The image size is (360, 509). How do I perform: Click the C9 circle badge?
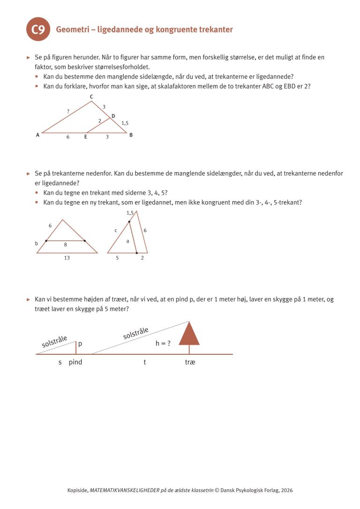pyautogui.click(x=38, y=30)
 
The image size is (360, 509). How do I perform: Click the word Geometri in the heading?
pyautogui.click(x=72, y=30)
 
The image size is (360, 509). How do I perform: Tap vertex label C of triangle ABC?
pyautogui.click(x=91, y=97)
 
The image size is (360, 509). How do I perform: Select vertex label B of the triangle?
pyautogui.click(x=131, y=135)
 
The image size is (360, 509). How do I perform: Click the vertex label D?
pyautogui.click(x=113, y=115)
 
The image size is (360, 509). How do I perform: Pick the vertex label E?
pyautogui.click(x=85, y=137)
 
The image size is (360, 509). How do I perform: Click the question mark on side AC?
pyautogui.click(x=68, y=111)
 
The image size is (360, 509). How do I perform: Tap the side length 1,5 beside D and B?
pyautogui.click(x=125, y=123)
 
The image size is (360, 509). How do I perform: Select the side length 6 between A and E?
pyautogui.click(x=67, y=137)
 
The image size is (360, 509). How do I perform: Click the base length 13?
pyautogui.click(x=67, y=258)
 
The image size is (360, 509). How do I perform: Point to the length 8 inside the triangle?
pyautogui.click(x=65, y=244)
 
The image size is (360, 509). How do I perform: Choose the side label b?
pyautogui.click(x=36, y=243)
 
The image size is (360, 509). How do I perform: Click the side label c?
pyautogui.click(x=116, y=230)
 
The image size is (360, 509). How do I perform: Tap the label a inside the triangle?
pyautogui.click(x=127, y=241)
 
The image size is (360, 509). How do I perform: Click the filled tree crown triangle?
pyautogui.click(x=189, y=334)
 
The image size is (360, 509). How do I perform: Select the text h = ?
pyautogui.click(x=163, y=344)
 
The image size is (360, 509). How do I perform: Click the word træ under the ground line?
pyautogui.click(x=190, y=362)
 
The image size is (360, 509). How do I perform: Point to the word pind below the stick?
pyautogui.click(x=75, y=362)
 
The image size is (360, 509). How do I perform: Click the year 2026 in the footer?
pyautogui.click(x=286, y=490)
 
